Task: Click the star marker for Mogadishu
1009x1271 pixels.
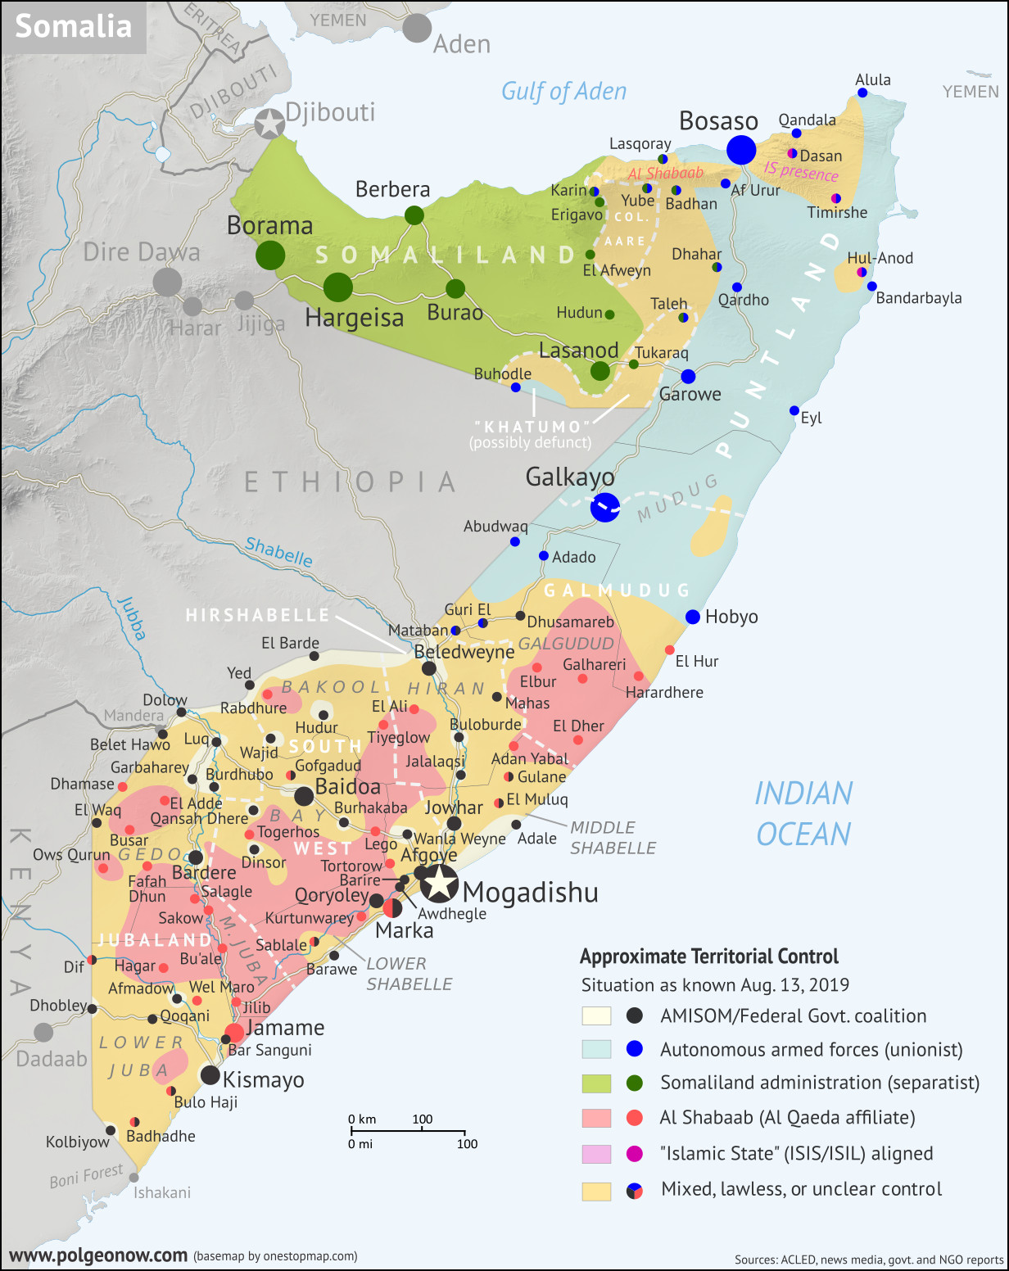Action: point(440,883)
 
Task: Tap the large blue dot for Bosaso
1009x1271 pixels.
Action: point(741,150)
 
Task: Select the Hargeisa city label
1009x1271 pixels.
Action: point(354,318)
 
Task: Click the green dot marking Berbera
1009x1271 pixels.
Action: point(414,215)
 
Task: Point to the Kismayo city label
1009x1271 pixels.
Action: point(263,1080)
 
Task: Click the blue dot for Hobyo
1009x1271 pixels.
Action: point(693,617)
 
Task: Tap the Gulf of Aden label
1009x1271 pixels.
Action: point(563,92)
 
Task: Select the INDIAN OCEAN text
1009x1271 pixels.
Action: point(803,814)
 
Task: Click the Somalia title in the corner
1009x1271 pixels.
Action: point(73,26)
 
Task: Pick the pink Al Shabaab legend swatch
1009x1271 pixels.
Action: point(596,1118)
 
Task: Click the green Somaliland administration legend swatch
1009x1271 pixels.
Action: point(596,1083)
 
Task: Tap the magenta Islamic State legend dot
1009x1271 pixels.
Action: point(634,1153)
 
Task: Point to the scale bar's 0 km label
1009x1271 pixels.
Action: point(362,1119)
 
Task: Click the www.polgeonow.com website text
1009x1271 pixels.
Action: point(98,1255)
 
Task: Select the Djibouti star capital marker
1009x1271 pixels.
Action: point(269,124)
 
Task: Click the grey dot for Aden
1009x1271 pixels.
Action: point(417,28)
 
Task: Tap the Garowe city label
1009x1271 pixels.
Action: point(690,395)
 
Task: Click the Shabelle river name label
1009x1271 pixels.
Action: point(278,552)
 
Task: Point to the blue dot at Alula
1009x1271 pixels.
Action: point(862,93)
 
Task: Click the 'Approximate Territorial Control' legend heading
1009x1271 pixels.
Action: point(709,957)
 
